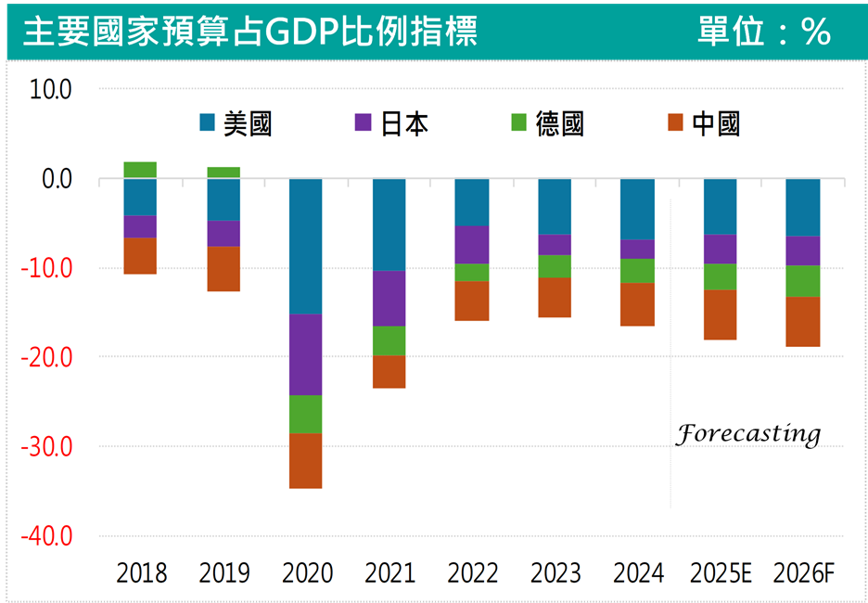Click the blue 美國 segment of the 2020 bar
tap(306, 246)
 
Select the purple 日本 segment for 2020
tap(306, 354)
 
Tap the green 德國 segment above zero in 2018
tap(140, 170)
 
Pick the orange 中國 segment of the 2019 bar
tap(223, 269)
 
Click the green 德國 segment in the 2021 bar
tap(389, 340)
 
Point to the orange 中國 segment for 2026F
tap(802, 321)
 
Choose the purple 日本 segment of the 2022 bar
tap(471, 245)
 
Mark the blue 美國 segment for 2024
tap(637, 209)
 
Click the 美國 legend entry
tap(236, 122)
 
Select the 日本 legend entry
tap(392, 122)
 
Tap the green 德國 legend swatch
tap(519, 122)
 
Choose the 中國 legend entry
tap(704, 122)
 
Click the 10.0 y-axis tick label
tap(50, 89)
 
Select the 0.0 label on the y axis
tap(57, 178)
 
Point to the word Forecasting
tap(747, 434)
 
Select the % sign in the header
tap(817, 32)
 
